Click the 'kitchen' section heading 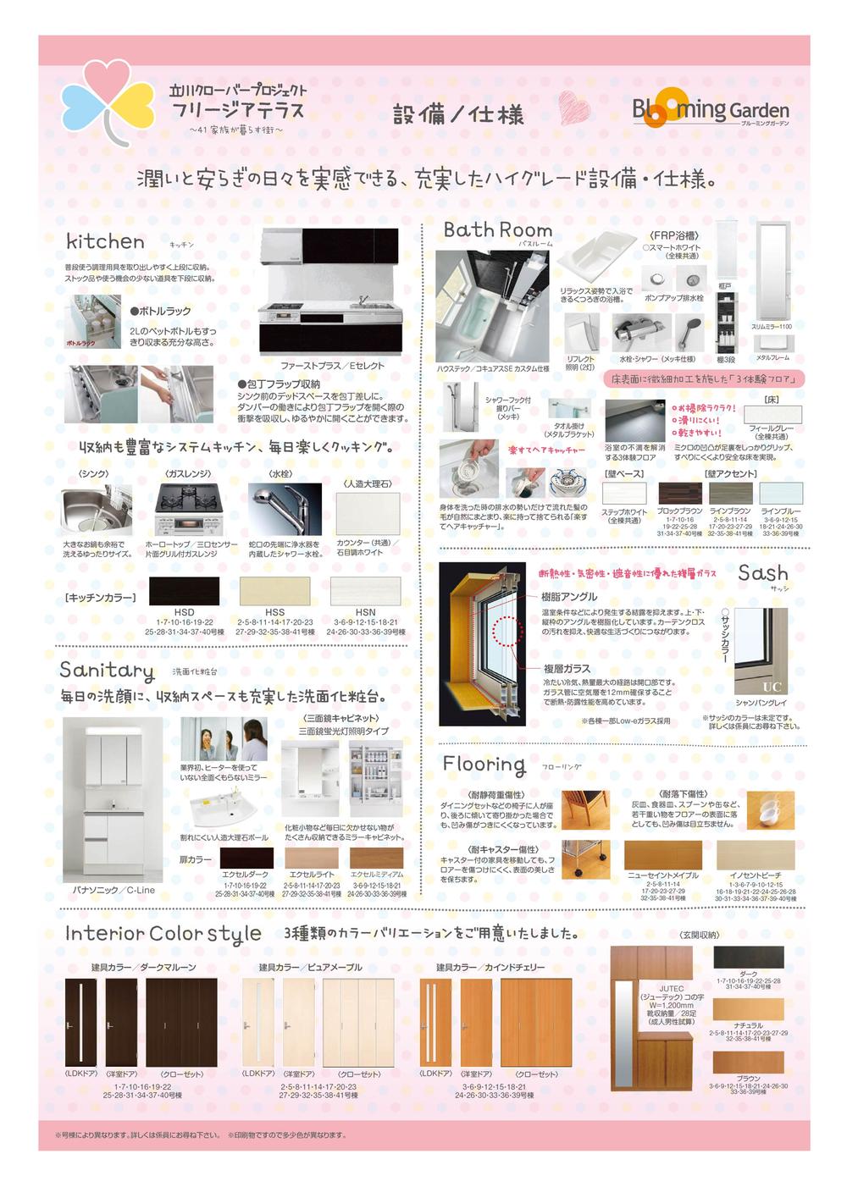pos(105,241)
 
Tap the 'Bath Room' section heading pos(497,229)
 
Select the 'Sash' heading pos(762,573)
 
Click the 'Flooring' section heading pos(484,765)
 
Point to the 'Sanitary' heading pos(107,671)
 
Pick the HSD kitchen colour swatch pos(184,591)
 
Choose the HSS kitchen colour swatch pos(274,591)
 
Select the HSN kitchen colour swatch pos(365,591)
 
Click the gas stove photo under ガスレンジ pos(188,509)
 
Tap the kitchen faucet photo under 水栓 pos(285,509)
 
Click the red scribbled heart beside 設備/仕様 pos(573,108)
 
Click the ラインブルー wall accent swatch pos(780,494)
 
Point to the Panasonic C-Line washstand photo pos(113,799)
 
